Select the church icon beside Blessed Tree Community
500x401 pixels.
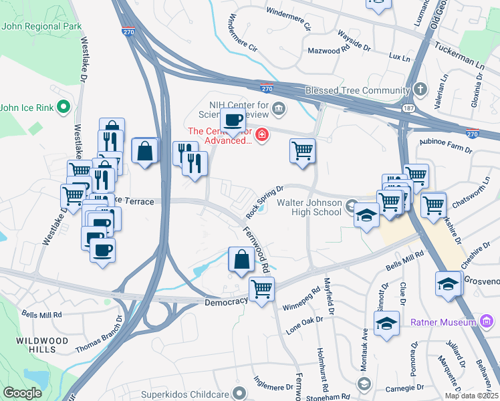coord(420,90)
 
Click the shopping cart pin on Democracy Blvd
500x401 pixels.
coord(261,289)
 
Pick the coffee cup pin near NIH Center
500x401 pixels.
coord(233,120)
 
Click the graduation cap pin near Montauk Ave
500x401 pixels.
coord(386,324)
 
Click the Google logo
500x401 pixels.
coord(22,393)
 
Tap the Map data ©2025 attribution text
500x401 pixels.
coord(471,396)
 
